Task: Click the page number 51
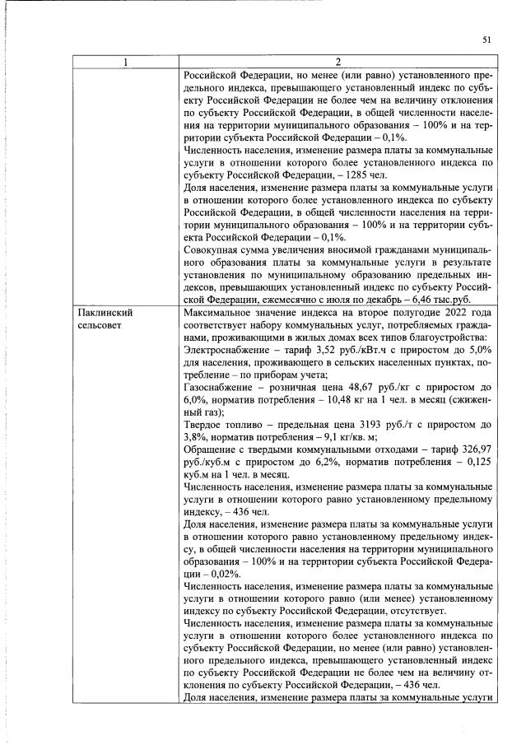[487, 40]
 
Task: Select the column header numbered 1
[126, 62]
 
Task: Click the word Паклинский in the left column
[104, 314]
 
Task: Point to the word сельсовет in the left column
[99, 327]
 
